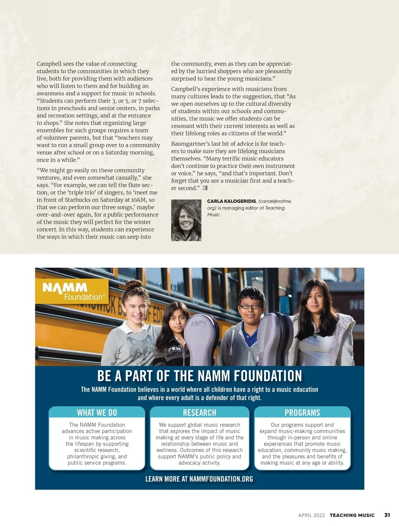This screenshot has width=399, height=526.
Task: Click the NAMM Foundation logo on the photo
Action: [72, 291]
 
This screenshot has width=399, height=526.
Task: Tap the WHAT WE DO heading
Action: [97, 413]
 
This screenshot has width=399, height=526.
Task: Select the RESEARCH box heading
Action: [199, 413]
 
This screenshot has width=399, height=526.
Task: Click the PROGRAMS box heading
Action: [302, 413]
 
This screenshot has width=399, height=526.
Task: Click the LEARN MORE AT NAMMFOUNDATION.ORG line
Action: [199, 479]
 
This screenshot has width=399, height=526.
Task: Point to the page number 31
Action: [387, 515]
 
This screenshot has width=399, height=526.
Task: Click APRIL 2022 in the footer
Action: [312, 515]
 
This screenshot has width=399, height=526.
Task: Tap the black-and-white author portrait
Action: [186, 220]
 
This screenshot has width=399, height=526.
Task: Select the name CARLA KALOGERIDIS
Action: [231, 201]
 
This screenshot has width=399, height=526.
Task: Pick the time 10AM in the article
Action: [139, 200]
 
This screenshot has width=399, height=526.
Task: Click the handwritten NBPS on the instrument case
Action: [199, 323]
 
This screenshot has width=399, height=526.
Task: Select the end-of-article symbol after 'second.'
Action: [205, 188]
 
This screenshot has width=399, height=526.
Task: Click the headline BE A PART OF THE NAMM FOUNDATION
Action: [199, 376]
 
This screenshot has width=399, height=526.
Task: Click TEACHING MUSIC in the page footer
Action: [352, 515]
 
